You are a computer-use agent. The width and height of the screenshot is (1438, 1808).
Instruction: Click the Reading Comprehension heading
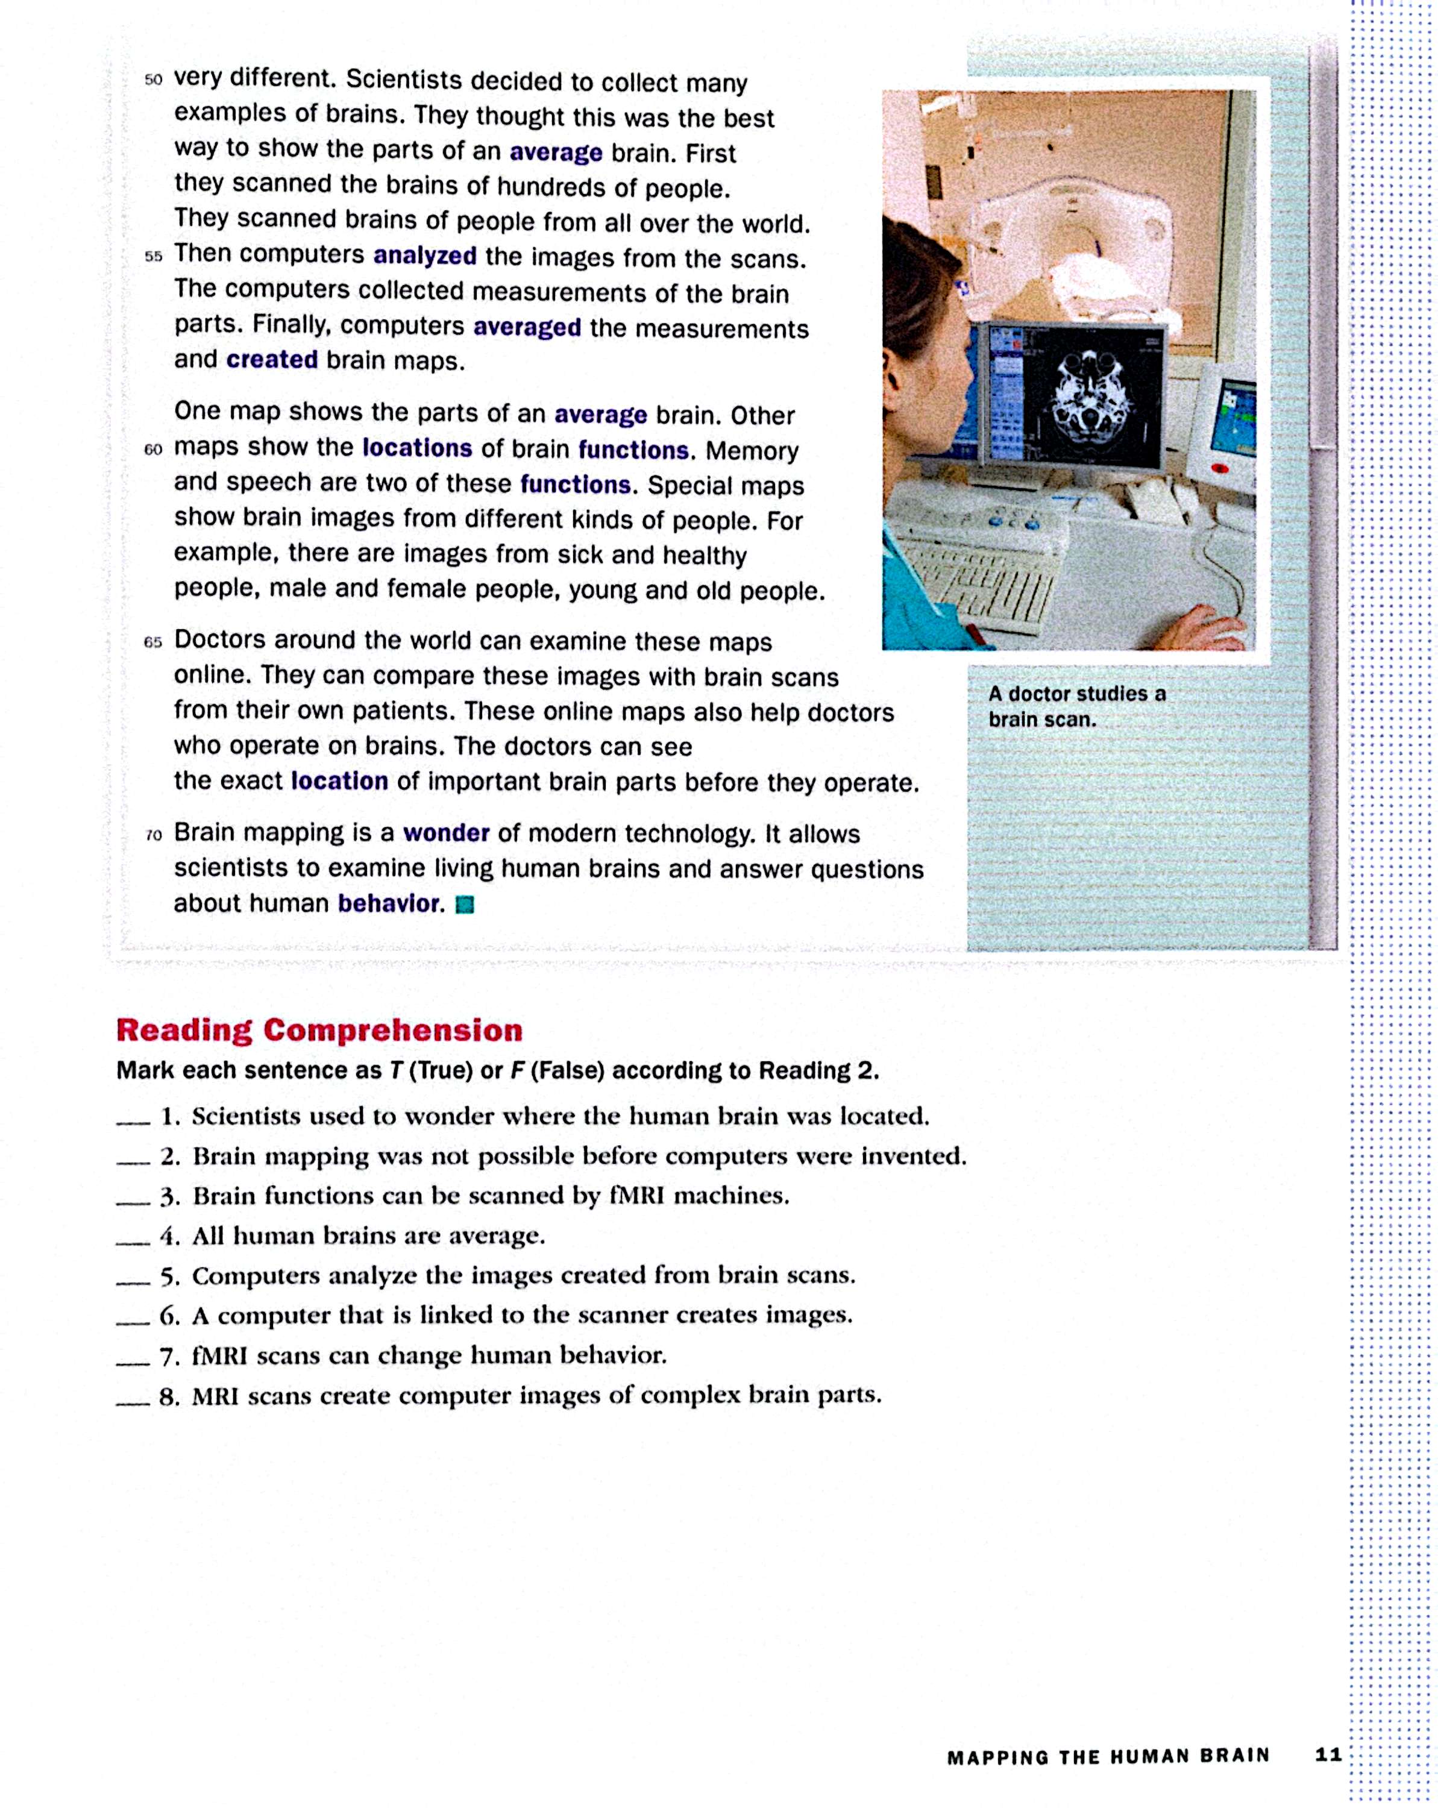click(319, 1030)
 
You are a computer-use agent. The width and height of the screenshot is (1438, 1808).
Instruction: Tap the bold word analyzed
click(424, 255)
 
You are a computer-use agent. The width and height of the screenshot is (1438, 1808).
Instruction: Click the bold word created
click(272, 360)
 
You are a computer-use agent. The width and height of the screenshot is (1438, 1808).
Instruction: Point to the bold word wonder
click(446, 833)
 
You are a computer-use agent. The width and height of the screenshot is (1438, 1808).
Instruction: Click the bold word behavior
click(390, 903)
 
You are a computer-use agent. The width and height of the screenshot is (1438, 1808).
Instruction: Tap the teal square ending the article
click(465, 905)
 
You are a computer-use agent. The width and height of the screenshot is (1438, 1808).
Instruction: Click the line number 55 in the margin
click(154, 257)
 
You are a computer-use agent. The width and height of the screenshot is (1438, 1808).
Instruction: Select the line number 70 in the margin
click(154, 835)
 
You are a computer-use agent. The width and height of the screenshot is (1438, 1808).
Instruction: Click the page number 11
click(1329, 1755)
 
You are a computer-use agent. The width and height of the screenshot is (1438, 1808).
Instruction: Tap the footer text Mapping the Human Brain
click(1108, 1757)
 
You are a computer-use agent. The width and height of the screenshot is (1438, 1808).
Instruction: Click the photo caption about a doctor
click(1076, 706)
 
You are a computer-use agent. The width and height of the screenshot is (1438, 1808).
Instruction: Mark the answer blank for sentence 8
click(133, 1401)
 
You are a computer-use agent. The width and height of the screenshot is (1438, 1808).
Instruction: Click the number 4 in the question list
click(170, 1236)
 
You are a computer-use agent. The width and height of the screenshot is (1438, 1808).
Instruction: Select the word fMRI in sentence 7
click(219, 1356)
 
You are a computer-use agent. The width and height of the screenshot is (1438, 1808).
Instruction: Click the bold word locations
click(416, 448)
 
